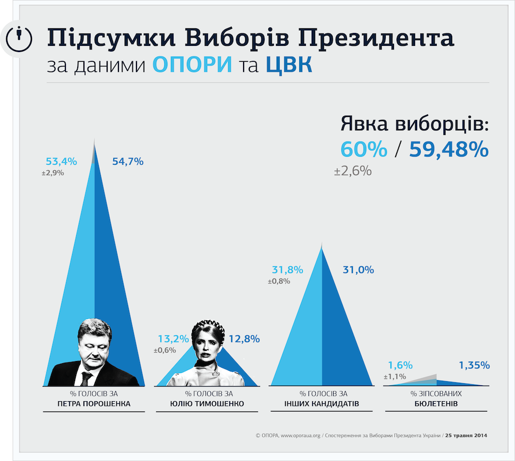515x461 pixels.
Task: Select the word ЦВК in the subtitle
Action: pos(289,65)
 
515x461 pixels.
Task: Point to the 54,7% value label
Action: pos(127,161)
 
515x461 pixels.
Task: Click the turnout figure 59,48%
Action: pos(449,149)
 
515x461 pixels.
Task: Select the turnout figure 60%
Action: pos(364,149)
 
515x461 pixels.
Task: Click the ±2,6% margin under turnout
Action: pos(353,171)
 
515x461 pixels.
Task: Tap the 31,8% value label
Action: pos(287,269)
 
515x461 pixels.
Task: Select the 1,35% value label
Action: pos(474,365)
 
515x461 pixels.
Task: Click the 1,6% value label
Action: pos(400,365)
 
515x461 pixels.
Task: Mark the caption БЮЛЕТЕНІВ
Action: pos(436,403)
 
